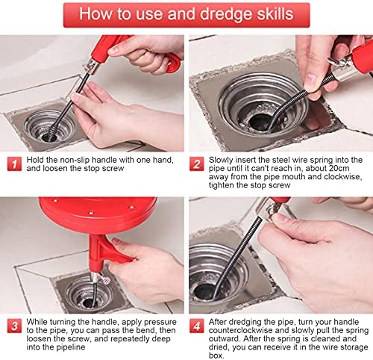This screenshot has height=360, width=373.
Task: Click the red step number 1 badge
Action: point(14,164)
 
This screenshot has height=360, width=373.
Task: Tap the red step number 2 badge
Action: point(196,164)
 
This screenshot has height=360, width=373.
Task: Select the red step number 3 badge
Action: point(14,326)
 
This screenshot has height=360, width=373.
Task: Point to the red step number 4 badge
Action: point(196,326)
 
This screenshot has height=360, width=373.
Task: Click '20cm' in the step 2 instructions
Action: point(339,168)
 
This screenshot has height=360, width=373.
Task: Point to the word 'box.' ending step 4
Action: point(216,356)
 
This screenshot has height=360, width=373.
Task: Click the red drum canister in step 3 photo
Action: point(98,211)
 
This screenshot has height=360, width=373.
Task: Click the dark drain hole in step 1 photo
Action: point(48,137)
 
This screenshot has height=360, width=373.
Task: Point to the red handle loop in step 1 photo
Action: point(173,63)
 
